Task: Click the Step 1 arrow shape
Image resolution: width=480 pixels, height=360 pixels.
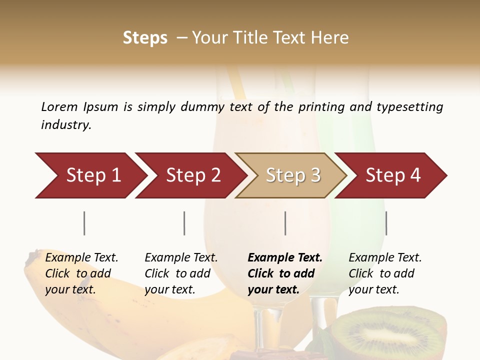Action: [x=90, y=175]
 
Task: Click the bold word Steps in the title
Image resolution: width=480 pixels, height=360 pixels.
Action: [x=145, y=37]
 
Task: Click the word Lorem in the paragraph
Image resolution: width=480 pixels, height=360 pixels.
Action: [x=59, y=106]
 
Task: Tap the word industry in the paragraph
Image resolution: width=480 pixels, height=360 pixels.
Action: [x=65, y=124]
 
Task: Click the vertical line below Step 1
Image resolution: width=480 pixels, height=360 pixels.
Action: [x=84, y=223]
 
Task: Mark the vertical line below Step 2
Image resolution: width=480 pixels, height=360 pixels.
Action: [x=184, y=223]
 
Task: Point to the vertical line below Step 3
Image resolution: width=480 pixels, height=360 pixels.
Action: [x=285, y=223]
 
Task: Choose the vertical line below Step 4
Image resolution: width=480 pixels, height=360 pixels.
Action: [x=386, y=223]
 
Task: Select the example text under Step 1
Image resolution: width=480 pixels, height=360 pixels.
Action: [x=81, y=273]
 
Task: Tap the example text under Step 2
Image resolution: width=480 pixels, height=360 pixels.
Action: [x=180, y=273]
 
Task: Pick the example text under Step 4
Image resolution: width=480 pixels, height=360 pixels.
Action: [x=384, y=273]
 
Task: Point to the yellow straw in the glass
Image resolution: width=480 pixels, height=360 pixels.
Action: [x=236, y=82]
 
